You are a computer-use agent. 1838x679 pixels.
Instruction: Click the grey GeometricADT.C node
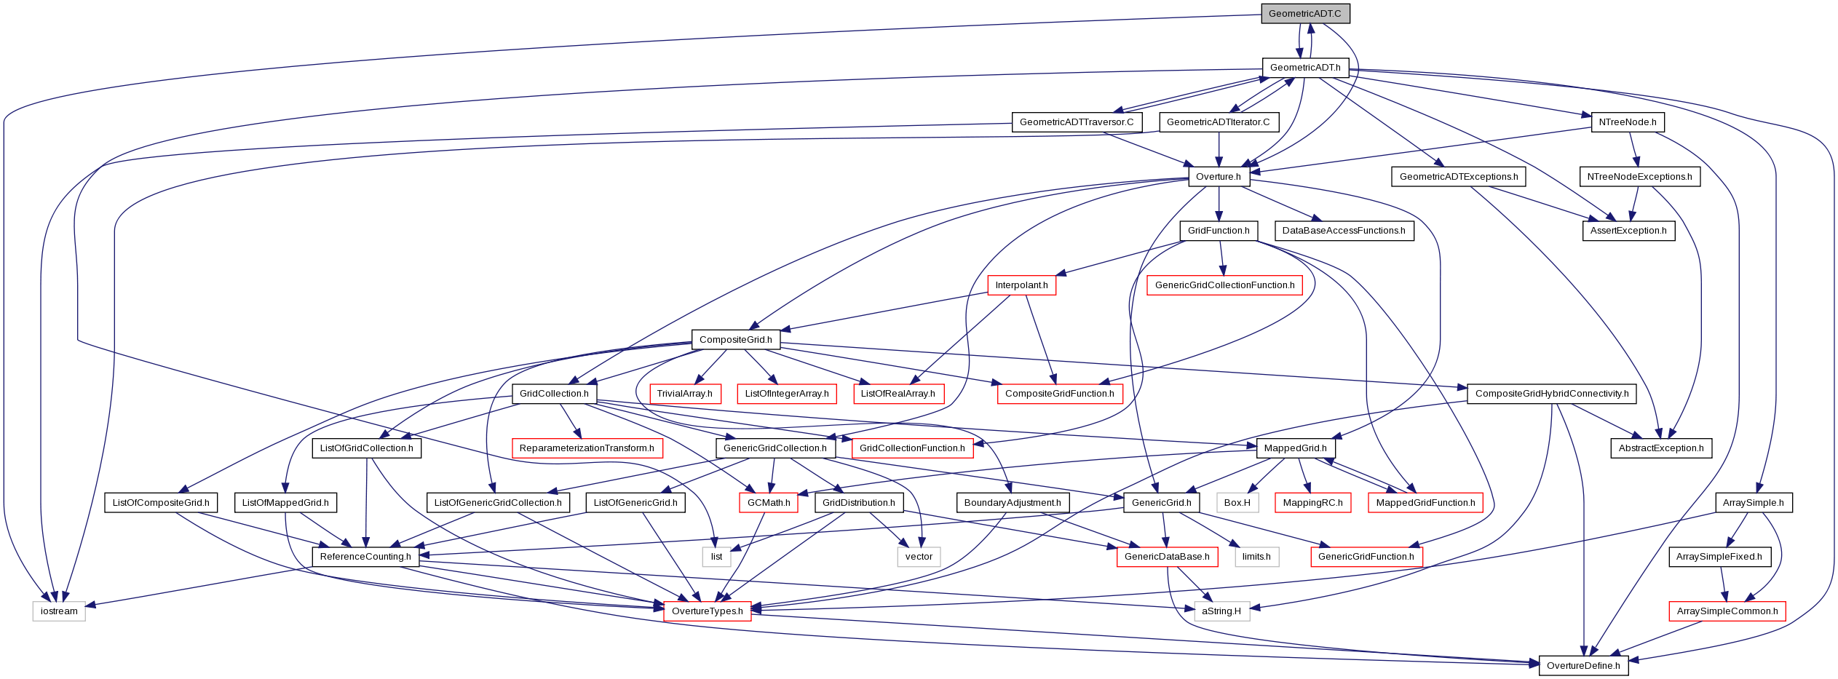[x=1304, y=14]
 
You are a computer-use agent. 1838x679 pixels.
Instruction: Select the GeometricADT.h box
[x=1305, y=68]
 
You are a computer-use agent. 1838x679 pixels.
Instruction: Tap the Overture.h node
[x=1219, y=176]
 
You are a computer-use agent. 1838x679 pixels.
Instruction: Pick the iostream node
[x=59, y=611]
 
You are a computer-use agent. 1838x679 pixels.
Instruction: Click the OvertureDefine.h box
[x=1583, y=666]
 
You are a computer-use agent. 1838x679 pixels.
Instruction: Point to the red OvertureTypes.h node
[x=708, y=611]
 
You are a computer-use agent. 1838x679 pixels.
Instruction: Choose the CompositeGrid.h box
[x=736, y=340]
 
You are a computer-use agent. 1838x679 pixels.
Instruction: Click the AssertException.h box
[x=1628, y=231]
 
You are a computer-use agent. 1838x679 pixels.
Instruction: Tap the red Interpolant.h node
[x=1021, y=285]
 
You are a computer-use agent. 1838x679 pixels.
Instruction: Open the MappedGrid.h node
[x=1296, y=448]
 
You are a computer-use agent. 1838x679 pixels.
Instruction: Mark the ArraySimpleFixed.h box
[x=1719, y=557]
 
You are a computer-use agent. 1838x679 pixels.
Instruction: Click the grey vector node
[x=919, y=557]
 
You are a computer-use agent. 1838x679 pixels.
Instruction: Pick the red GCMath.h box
[x=769, y=503]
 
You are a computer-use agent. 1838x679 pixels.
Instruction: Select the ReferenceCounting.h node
[x=365, y=557]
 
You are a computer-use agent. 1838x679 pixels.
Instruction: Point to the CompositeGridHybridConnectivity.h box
[x=1552, y=394]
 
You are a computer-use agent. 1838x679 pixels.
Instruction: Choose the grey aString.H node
[x=1221, y=611]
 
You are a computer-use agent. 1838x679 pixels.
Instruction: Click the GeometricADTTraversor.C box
[x=1077, y=122]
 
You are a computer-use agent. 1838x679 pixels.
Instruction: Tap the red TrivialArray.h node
[x=685, y=394]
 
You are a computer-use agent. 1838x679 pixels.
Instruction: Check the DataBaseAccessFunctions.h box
[x=1344, y=231]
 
